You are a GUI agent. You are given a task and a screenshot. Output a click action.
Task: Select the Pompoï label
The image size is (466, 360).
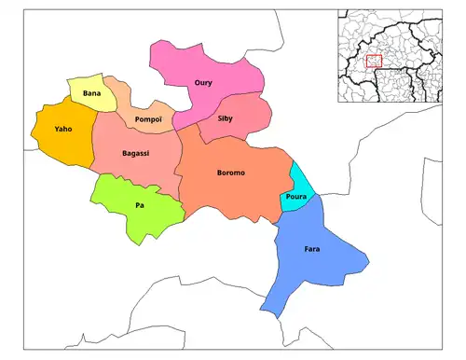click(x=149, y=120)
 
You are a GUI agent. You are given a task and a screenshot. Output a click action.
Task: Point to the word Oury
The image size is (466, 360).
click(x=203, y=83)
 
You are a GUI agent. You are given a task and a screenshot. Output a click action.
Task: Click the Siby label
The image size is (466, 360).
click(x=226, y=119)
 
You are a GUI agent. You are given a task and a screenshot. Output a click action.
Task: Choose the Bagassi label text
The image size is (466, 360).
click(x=136, y=153)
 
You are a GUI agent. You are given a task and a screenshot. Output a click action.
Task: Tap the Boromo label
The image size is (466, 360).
click(x=230, y=173)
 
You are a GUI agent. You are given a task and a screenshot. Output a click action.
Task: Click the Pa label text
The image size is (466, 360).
click(x=139, y=205)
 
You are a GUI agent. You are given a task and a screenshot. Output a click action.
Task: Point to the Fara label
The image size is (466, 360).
click(x=312, y=250)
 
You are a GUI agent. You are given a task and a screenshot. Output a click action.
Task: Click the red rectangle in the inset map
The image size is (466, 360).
click(x=375, y=62)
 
